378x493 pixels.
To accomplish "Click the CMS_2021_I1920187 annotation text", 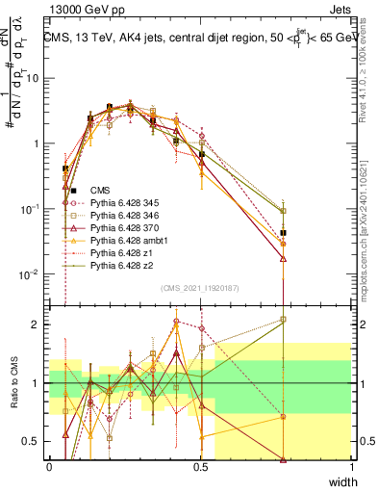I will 201,288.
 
